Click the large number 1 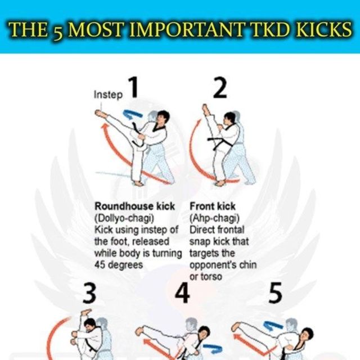[133, 89]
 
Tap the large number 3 [90, 293]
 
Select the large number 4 [183, 293]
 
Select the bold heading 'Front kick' [213, 207]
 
